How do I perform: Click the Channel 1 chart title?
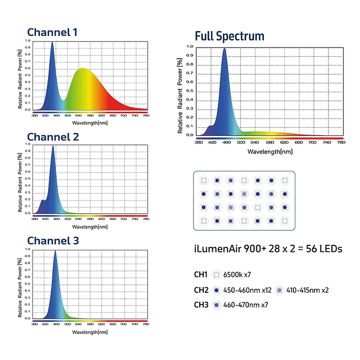point(52,33)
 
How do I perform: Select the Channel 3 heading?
point(53,241)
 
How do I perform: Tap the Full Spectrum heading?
point(229,36)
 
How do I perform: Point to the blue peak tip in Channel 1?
point(52,43)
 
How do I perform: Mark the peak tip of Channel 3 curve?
point(55,251)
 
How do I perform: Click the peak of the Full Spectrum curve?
point(224,49)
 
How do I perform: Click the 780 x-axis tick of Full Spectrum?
point(341,143)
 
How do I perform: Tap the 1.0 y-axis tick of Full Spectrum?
point(190,47)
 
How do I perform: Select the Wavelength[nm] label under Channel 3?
point(90,331)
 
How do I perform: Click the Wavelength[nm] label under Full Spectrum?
point(270,151)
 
